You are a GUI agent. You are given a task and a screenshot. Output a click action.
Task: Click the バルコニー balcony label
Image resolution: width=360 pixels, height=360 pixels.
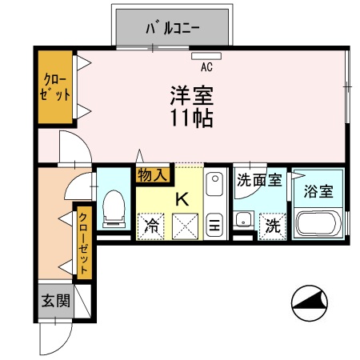[173, 28]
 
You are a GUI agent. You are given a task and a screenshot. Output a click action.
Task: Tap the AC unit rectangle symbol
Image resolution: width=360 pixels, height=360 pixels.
[206, 56]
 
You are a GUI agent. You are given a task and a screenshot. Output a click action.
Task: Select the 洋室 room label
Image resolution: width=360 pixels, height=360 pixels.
[192, 95]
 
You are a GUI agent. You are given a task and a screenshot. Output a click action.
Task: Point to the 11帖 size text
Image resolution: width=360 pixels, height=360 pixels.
[192, 118]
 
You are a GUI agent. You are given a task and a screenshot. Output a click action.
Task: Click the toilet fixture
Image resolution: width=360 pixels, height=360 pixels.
[114, 209]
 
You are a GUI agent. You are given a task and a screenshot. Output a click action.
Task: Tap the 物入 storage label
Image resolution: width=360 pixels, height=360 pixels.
[152, 175]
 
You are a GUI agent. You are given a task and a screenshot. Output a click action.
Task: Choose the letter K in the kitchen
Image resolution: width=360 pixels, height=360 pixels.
[182, 199]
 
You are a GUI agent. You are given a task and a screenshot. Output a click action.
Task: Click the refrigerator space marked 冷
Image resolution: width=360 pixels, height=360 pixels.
[150, 226]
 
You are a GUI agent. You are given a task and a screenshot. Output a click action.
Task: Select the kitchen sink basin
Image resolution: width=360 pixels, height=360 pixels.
[214, 184]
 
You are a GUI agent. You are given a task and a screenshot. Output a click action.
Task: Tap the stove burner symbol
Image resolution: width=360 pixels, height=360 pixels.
[214, 225]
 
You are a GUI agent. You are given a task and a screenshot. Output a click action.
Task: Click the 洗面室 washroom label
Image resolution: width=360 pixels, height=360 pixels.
[259, 180]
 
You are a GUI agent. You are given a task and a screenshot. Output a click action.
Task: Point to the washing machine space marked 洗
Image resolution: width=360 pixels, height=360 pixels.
[273, 226]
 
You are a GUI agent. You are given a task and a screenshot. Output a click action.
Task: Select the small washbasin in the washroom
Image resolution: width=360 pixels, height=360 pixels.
[243, 219]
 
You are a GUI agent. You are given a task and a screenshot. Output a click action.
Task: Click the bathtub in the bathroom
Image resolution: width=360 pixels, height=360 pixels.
[319, 223]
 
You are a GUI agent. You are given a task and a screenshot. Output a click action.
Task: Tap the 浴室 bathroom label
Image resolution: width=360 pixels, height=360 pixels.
[318, 191]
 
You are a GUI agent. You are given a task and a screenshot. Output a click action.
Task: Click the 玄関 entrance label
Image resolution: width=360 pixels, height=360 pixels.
[56, 301]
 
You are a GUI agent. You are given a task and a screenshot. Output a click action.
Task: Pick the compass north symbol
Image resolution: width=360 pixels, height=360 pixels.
[310, 303]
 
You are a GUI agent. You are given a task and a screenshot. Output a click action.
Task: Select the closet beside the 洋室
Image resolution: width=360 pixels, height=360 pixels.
[55, 87]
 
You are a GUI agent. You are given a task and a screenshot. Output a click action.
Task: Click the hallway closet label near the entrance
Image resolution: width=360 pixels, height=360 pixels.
[83, 243]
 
